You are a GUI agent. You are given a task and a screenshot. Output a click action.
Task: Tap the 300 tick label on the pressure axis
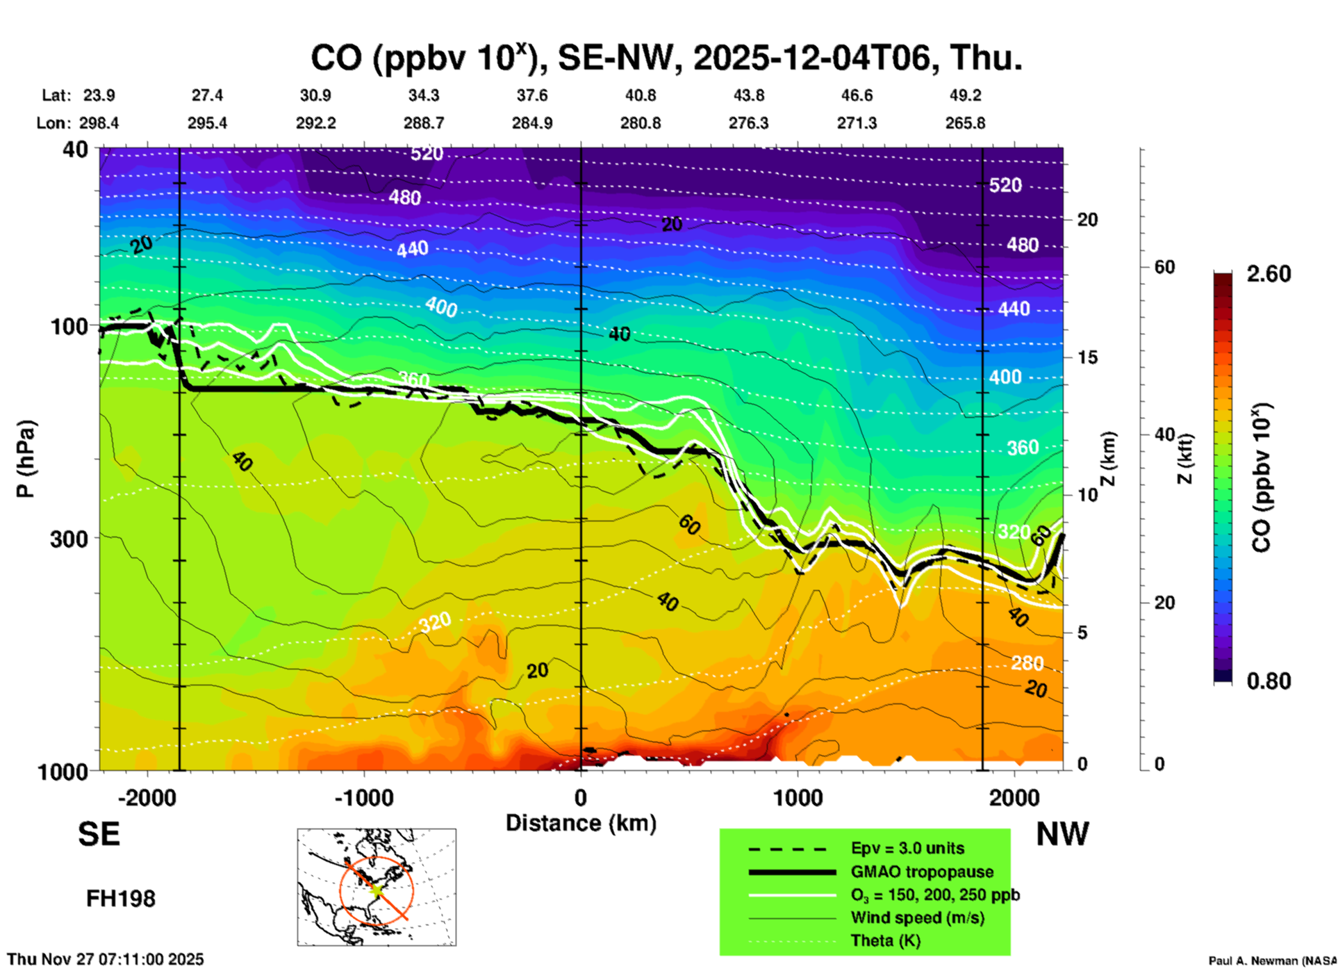pyautogui.click(x=69, y=538)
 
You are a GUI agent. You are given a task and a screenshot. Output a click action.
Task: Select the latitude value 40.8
pyautogui.click(x=640, y=95)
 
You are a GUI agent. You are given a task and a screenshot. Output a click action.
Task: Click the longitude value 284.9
pyautogui.click(x=532, y=123)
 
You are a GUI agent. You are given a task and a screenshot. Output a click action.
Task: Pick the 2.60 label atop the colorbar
pyautogui.click(x=1269, y=274)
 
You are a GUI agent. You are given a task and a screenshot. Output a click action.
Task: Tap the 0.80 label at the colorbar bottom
pyautogui.click(x=1269, y=681)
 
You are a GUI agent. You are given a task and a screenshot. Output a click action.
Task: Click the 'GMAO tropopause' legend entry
pyautogui.click(x=922, y=872)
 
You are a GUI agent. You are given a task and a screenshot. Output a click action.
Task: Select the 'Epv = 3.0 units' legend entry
pyautogui.click(x=907, y=848)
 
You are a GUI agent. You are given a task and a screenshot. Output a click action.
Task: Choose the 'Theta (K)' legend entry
pyautogui.click(x=885, y=940)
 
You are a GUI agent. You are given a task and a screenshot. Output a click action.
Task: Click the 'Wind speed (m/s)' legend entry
pyautogui.click(x=917, y=918)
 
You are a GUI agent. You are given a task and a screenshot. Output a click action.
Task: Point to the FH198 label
pyautogui.click(x=121, y=899)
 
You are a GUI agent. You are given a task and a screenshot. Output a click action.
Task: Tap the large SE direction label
pyautogui.click(x=99, y=834)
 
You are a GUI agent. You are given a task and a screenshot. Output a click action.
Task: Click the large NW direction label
pyautogui.click(x=1062, y=834)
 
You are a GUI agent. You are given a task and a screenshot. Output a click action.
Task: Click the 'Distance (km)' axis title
pyautogui.click(x=581, y=823)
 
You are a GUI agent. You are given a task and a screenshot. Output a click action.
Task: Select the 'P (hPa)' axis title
pyautogui.click(x=26, y=459)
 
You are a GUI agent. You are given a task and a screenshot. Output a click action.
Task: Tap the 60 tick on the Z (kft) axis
pyautogui.click(x=1164, y=267)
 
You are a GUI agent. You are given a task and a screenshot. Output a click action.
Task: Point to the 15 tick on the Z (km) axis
pyautogui.click(x=1087, y=357)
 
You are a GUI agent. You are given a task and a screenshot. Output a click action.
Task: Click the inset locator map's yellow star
pyautogui.click(x=376, y=889)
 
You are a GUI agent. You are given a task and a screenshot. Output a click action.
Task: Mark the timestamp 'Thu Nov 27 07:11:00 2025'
pyautogui.click(x=106, y=959)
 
